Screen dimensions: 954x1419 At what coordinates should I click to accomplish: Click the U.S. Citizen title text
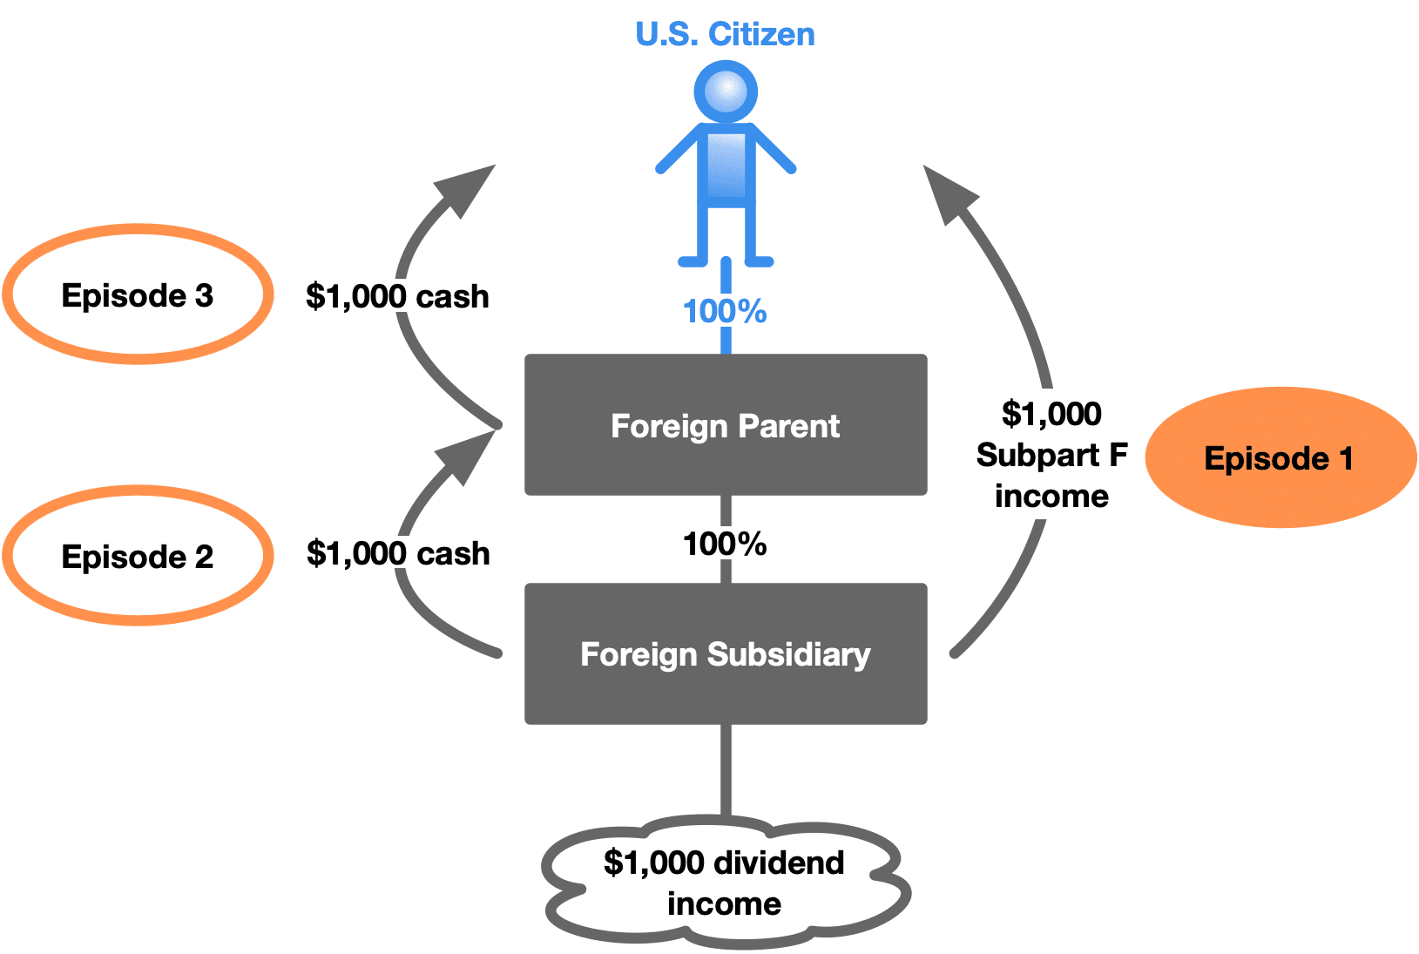coord(725,35)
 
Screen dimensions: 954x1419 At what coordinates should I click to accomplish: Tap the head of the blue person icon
coord(726,91)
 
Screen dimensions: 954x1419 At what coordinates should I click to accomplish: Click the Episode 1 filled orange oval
coord(1280,457)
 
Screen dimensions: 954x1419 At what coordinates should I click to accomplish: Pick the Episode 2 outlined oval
coord(138,556)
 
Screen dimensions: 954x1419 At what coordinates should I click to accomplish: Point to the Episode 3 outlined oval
coord(138,294)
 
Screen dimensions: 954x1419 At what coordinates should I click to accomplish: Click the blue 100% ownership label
coord(725,311)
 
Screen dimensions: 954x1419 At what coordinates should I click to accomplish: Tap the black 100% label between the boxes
coord(725,545)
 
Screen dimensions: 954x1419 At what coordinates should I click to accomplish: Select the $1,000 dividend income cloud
coord(725,883)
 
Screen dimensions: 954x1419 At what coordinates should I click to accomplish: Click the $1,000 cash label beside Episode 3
coord(397,297)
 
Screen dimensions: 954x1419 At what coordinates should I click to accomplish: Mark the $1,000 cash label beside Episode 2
coord(398,554)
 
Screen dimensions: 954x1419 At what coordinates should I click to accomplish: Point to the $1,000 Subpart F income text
coord(1051,455)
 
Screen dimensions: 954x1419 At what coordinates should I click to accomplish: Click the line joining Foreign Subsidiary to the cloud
coord(726,770)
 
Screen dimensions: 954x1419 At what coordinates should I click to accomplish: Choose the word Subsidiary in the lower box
coord(788,654)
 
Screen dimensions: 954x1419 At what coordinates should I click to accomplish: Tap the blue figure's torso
coord(726,166)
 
